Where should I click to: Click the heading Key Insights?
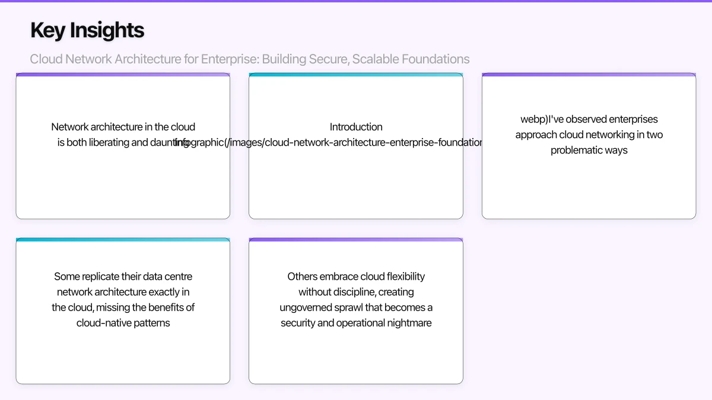pyautogui.click(x=87, y=30)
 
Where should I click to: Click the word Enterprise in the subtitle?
pyautogui.click(x=229, y=59)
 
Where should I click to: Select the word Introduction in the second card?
pyautogui.click(x=356, y=127)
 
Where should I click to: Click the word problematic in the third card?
pyautogui.click(x=578, y=151)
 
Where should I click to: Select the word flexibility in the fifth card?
pyautogui.click(x=406, y=276)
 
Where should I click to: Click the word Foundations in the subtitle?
pyautogui.click(x=436, y=59)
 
